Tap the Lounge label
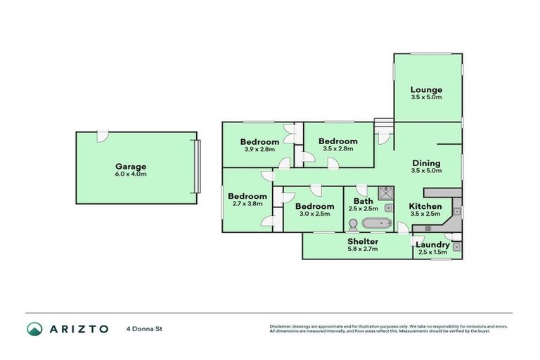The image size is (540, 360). pyautogui.click(x=426, y=89)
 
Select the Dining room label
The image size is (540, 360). pyautogui.click(x=426, y=162)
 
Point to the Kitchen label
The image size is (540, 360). pyautogui.click(x=425, y=206)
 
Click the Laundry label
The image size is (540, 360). pyautogui.click(x=432, y=244)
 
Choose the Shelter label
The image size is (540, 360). pyautogui.click(x=363, y=241)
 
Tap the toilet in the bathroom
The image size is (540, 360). pyautogui.click(x=352, y=224)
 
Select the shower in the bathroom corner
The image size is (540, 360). pyautogui.click(x=385, y=193)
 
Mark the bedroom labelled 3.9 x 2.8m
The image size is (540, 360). pyautogui.click(x=259, y=149)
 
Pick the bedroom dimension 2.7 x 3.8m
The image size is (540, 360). pyautogui.click(x=247, y=204)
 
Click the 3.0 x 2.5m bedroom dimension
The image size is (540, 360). pyautogui.click(x=315, y=213)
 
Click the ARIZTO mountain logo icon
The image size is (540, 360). pyautogui.click(x=34, y=328)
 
